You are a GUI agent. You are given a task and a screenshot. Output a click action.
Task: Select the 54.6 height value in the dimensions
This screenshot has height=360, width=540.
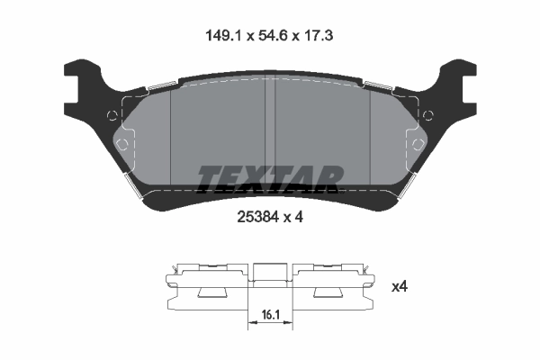271,37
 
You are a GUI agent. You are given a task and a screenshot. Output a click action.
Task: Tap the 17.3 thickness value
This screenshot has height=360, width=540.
321,37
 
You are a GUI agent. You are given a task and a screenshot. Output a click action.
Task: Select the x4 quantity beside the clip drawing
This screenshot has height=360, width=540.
400,286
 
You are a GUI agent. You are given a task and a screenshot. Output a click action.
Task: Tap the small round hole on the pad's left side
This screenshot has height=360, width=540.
112,114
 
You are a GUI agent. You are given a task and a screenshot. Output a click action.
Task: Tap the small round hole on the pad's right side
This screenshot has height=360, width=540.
428,114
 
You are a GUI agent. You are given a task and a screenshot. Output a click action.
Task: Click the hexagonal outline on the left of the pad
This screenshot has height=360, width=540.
123,144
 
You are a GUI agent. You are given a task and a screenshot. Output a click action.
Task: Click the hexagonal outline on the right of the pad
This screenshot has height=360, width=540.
417,144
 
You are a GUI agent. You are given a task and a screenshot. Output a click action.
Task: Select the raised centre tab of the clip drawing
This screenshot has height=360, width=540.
266,273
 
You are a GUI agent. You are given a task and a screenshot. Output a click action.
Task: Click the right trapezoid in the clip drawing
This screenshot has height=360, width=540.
325,293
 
